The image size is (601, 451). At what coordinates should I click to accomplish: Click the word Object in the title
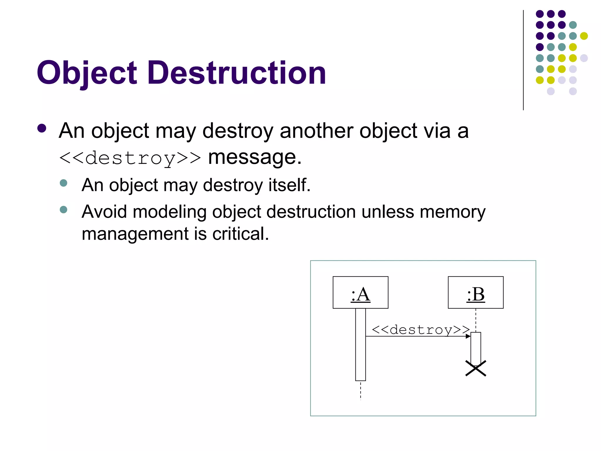click(x=87, y=73)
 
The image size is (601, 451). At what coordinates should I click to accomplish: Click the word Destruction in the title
click(x=237, y=73)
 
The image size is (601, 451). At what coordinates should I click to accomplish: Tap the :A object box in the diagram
click(x=360, y=292)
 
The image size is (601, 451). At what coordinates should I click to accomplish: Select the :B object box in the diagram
click(x=475, y=292)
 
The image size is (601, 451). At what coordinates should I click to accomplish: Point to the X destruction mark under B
click(x=476, y=368)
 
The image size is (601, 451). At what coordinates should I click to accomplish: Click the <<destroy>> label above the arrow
click(x=421, y=329)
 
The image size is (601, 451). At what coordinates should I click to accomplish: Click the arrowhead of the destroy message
click(x=468, y=336)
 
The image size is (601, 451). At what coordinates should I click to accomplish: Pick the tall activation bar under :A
click(x=360, y=344)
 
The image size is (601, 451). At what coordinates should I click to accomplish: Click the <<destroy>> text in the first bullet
click(x=130, y=158)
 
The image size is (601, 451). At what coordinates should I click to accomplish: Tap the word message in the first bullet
click(x=255, y=157)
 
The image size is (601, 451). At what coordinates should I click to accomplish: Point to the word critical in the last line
click(x=241, y=234)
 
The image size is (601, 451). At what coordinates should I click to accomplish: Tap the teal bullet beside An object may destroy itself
click(x=63, y=183)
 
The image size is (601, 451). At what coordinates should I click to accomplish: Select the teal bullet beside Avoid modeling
click(x=63, y=210)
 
